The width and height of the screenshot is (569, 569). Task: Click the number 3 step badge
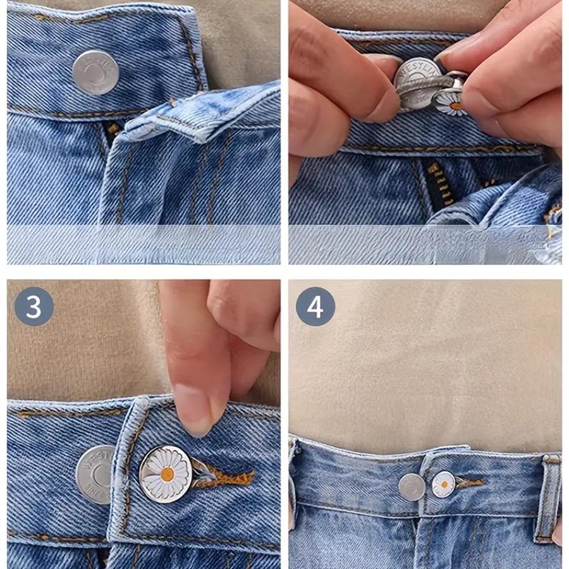point(34,307)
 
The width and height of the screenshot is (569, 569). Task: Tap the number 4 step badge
point(315,307)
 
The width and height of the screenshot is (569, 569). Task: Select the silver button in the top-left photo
point(95,72)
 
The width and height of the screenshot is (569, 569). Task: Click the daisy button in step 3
point(165,474)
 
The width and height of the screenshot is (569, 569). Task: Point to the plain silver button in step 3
point(96,474)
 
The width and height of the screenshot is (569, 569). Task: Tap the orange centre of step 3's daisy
point(167,474)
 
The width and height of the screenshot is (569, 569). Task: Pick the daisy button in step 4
point(443,484)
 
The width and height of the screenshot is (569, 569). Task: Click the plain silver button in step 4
point(412,487)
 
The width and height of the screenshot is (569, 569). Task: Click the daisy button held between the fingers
point(451,102)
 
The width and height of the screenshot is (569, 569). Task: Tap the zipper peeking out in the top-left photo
point(113,129)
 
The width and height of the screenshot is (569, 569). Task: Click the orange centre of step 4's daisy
point(444,485)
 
